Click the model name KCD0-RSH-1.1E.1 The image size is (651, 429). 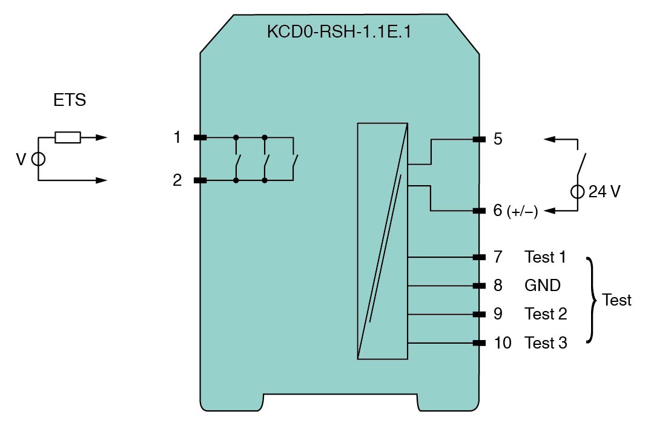click(339, 32)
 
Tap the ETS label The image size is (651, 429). click(70, 100)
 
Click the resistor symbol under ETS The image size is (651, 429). click(67, 138)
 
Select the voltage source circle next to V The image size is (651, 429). click(38, 159)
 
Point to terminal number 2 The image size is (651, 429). click(177, 180)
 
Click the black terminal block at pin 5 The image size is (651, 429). click(479, 139)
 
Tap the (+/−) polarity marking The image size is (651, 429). click(523, 211)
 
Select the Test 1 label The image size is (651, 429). click(545, 257)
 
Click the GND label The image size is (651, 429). click(542, 286)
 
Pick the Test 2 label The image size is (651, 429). click(546, 314)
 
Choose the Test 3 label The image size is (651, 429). click(546, 343)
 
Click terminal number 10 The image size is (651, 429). click(502, 343)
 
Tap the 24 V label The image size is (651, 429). click(604, 192)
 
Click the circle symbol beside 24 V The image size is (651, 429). click(578, 192)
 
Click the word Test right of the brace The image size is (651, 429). click(617, 300)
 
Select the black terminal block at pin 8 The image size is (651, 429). click(479, 286)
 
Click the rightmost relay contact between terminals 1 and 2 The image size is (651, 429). click(294, 160)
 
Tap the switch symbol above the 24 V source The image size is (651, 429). click(580, 162)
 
